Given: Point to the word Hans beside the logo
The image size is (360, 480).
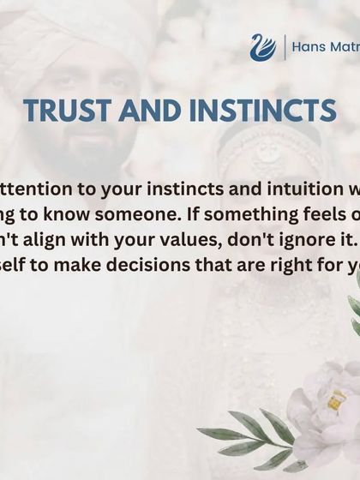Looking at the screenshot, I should (x=310, y=47).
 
